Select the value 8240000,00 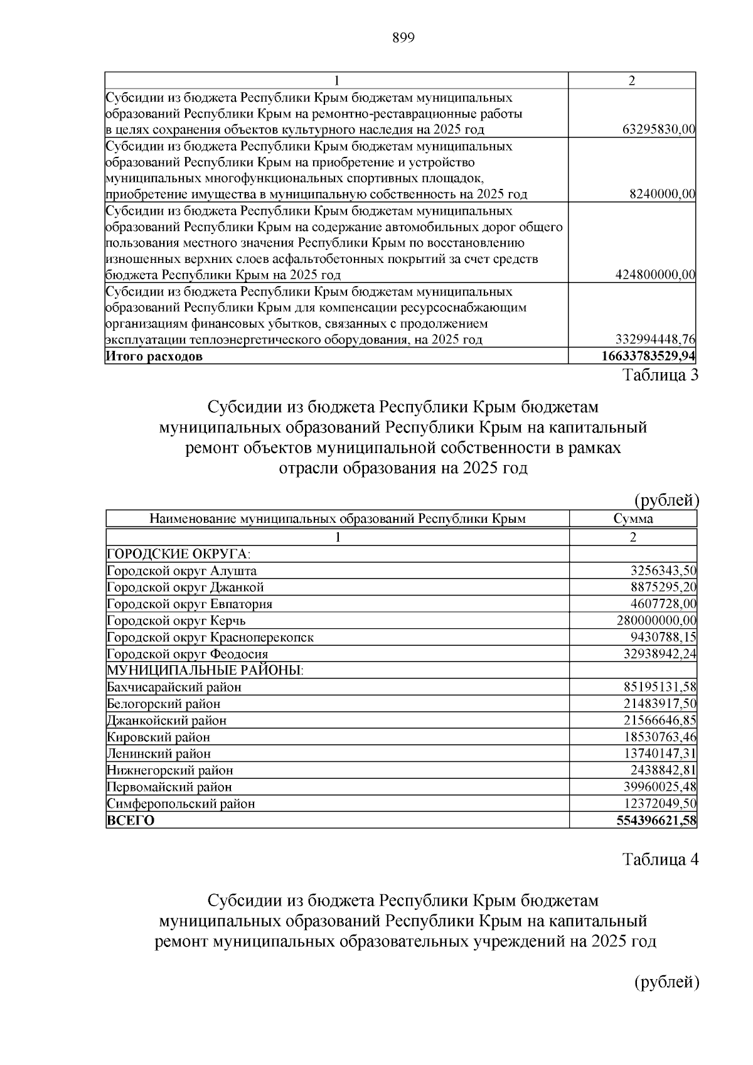point(662,195)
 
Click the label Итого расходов point(154,357)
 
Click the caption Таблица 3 point(660,375)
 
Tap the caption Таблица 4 point(660,859)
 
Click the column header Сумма point(633,518)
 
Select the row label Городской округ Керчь point(176,621)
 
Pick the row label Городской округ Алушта point(181,571)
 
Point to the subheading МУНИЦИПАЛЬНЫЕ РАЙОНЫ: point(205,670)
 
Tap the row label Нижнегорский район point(170,770)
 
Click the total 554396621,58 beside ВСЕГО point(656,820)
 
